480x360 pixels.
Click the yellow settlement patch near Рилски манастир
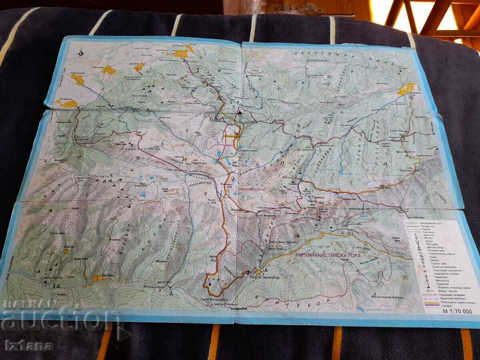258,272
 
